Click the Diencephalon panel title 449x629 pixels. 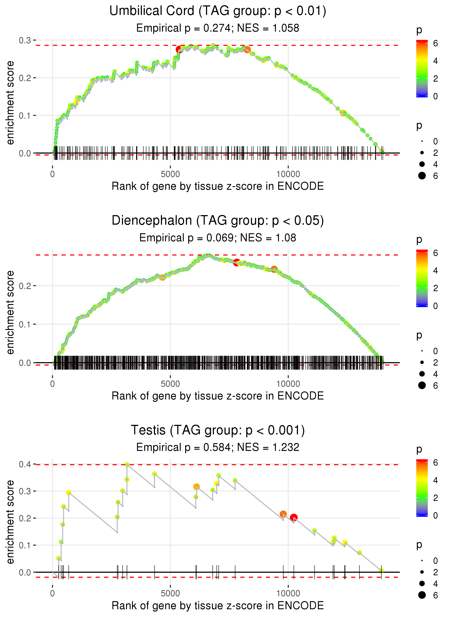[218, 221]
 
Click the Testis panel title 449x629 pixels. [218, 430]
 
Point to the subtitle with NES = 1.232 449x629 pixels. [218, 447]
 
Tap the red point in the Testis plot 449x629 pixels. [294, 517]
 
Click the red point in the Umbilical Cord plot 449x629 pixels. [179, 50]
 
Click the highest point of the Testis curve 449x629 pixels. [127, 465]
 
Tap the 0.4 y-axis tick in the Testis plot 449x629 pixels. [25, 464]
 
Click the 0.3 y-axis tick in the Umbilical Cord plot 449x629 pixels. [25, 40]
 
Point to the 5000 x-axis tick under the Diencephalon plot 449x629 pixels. [170, 384]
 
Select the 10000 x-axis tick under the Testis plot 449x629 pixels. [288, 594]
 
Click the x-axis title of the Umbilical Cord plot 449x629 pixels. [218, 186]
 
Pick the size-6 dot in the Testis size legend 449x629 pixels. [422, 595]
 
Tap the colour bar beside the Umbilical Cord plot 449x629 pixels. [422, 68]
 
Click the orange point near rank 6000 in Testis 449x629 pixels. [196, 486]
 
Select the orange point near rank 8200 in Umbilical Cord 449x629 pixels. [247, 50]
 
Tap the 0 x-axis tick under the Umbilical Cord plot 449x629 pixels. [52, 174]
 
